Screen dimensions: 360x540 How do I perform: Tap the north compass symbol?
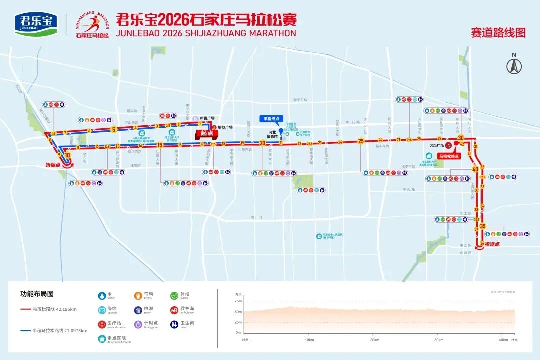tap(514, 65)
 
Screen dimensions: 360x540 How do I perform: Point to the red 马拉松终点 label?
tap(448, 156)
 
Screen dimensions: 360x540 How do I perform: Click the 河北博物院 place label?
tap(272, 135)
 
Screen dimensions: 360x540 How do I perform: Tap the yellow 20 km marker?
tap(262, 143)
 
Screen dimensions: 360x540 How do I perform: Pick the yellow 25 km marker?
tap(361, 141)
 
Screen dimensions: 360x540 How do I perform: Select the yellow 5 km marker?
tap(114, 130)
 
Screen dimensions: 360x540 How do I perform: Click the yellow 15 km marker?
tap(160, 146)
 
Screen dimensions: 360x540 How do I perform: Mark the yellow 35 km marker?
tap(482, 226)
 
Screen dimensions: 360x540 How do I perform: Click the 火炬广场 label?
tap(437, 145)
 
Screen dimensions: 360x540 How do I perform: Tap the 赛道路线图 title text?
tap(498, 33)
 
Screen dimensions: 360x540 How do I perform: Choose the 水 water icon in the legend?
tap(102, 295)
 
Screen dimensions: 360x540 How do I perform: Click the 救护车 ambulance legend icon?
tap(174, 310)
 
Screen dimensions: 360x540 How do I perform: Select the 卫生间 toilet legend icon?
tap(174, 324)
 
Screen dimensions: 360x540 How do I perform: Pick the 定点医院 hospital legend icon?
tap(102, 339)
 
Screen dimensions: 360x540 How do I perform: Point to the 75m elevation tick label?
tap(238, 301)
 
